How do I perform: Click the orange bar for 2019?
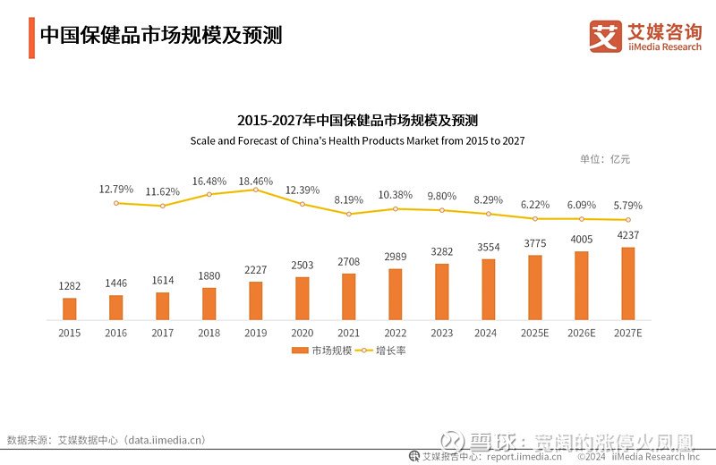256,300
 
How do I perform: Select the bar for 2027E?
628,283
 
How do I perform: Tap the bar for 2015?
70,309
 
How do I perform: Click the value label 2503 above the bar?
303,266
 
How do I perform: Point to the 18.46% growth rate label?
256,181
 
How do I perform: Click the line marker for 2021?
349,214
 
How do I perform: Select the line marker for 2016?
116,203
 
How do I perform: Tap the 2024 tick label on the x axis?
488,333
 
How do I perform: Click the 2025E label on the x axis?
534,333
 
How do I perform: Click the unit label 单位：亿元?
605,159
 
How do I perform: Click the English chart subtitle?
357,141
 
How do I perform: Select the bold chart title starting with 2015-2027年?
357,121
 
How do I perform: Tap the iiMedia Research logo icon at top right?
605,36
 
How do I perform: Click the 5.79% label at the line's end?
628,205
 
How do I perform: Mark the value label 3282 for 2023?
442,252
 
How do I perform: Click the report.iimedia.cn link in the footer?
524,457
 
